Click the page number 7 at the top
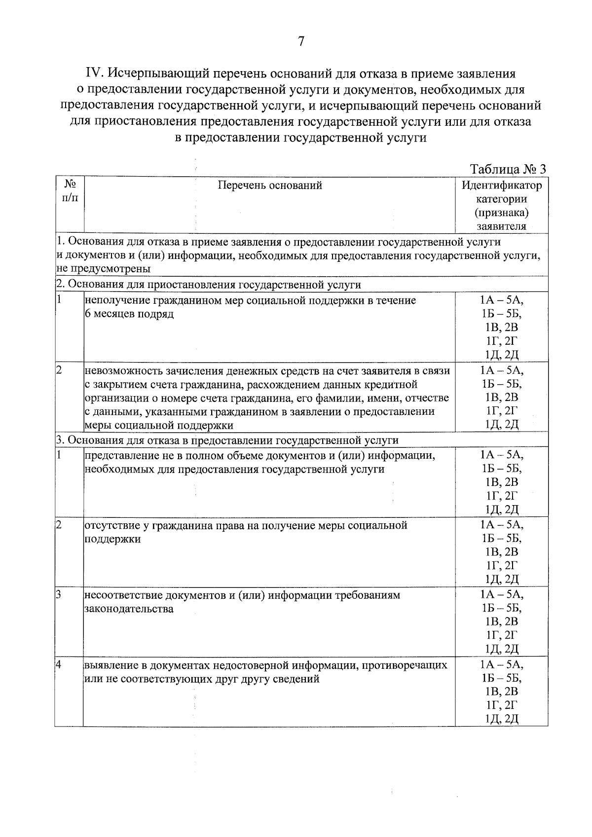point(301,42)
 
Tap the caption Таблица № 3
point(508,169)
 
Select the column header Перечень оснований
point(270,185)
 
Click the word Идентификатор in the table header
point(501,186)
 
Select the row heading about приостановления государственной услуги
point(209,285)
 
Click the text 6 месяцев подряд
point(129,314)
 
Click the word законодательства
point(129,609)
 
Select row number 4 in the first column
point(58,665)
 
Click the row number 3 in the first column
point(58,595)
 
